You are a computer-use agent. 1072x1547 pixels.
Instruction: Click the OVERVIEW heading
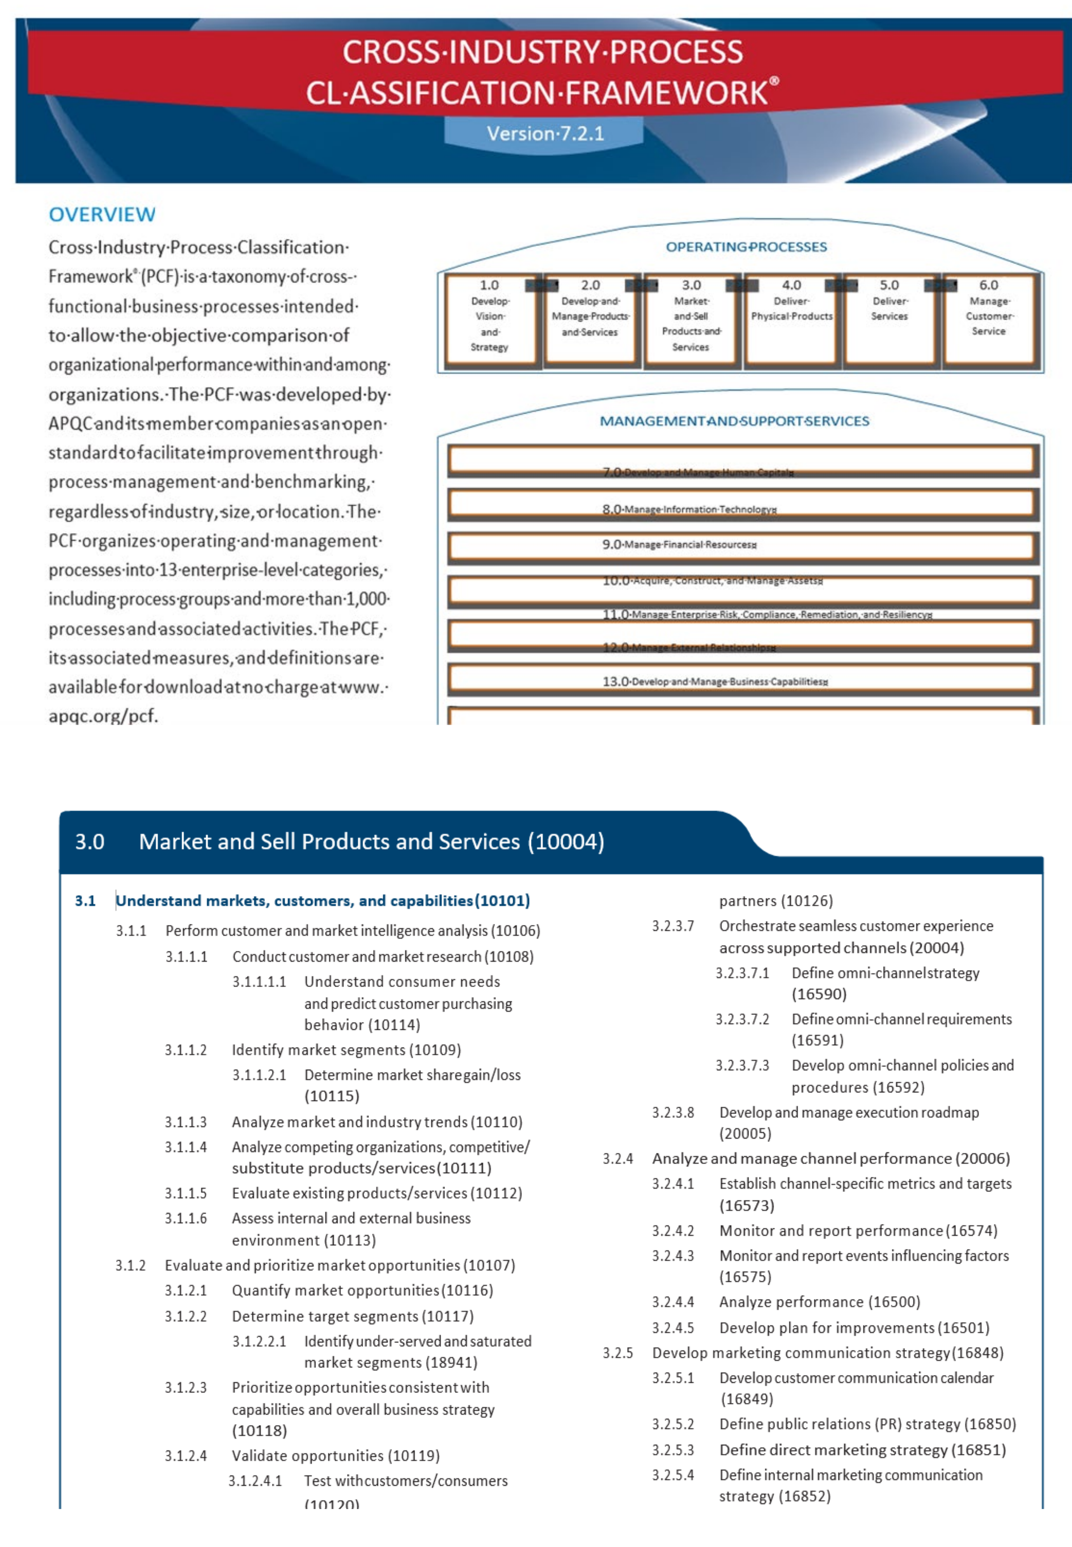tap(102, 215)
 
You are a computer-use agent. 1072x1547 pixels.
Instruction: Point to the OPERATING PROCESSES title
tap(746, 247)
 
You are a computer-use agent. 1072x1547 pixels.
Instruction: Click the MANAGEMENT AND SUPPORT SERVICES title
tap(734, 421)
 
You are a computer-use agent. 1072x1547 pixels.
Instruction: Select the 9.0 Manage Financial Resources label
tap(679, 544)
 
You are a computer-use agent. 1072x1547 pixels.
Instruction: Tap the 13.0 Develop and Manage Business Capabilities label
tap(715, 681)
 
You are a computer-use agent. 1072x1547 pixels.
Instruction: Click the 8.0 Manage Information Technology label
tap(689, 509)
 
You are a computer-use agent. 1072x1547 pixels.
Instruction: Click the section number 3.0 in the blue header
tap(89, 841)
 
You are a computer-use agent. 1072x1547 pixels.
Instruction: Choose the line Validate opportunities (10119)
tap(336, 1456)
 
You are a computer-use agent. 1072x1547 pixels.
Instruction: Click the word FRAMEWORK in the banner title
tap(666, 93)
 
